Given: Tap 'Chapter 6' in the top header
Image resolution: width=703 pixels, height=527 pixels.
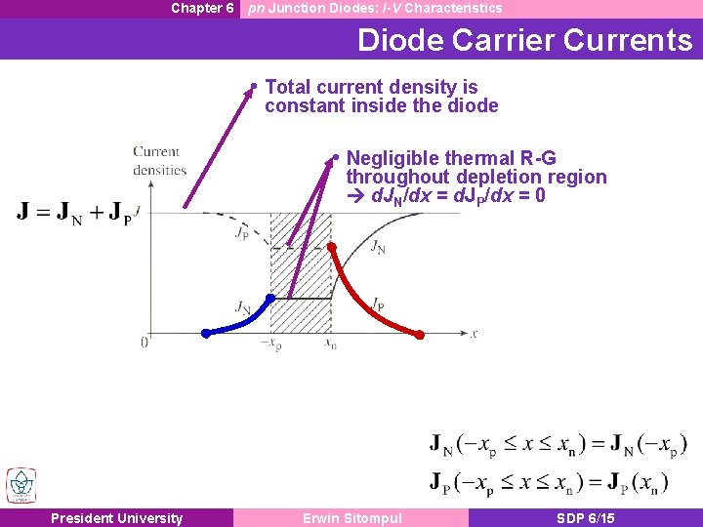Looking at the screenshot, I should pos(202,8).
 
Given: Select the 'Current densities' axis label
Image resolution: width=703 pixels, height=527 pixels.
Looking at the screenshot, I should pos(159,161).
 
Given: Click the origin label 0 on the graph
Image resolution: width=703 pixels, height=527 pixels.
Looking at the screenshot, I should pos(145,342).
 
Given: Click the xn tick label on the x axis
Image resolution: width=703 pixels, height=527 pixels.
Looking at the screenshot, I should pos(331,345).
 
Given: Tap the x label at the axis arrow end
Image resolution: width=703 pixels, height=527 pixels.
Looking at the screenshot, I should pos(474,333).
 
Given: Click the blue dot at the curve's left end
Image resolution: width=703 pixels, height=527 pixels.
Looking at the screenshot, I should pos(205,334).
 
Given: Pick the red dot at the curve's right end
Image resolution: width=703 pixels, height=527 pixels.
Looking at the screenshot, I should pos(420,335).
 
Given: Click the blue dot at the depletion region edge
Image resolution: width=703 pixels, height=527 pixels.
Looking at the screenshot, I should pos(271,297).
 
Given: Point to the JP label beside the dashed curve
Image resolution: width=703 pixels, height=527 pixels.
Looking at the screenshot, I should pos(241,232).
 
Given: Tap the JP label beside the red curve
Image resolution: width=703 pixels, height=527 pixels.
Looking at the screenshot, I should pos(377,304).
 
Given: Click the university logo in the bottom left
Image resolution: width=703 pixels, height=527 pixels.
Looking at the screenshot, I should pos(21,485).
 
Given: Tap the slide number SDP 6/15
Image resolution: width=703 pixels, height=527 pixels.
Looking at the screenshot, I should pos(585,518).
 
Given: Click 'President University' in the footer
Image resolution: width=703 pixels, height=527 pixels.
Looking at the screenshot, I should pos(116,518).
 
